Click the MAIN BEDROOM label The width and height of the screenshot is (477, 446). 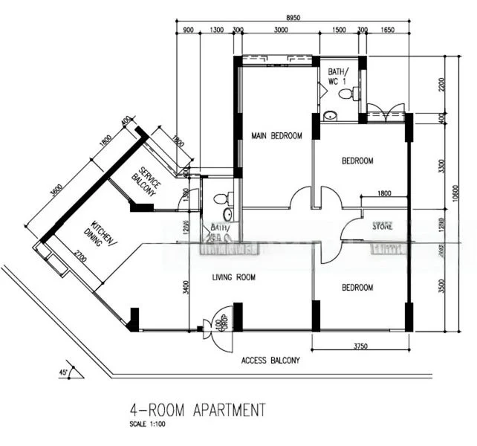tap(276, 135)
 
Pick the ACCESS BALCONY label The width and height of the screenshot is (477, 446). tap(270, 361)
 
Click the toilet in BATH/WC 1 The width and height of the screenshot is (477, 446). tap(347, 94)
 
